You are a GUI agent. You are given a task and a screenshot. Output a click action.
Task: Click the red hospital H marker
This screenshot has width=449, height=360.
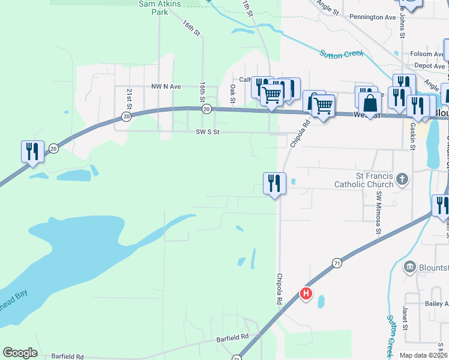tap(306, 293)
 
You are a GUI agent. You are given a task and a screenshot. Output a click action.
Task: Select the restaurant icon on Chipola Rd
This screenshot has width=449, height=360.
tap(274, 183)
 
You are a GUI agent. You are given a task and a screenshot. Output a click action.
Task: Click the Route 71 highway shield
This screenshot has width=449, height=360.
tap(337, 263)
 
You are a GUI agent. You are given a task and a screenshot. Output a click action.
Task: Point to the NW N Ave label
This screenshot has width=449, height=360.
tap(166, 86)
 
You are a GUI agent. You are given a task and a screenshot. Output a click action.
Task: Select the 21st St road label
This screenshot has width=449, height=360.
tap(130, 95)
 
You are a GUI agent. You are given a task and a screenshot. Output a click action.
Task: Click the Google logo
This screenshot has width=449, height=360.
tap(20, 353)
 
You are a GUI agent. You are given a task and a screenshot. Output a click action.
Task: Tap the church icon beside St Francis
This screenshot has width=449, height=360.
tap(402, 179)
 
